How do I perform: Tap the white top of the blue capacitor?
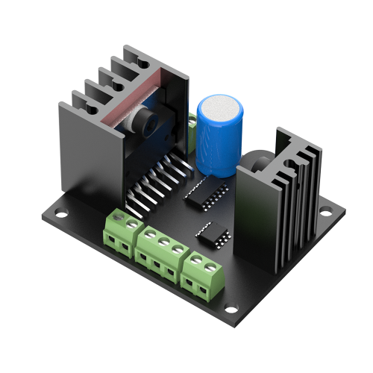pos(221,111)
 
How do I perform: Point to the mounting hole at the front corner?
pos(231,308)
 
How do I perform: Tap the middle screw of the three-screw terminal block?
pos(164,239)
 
